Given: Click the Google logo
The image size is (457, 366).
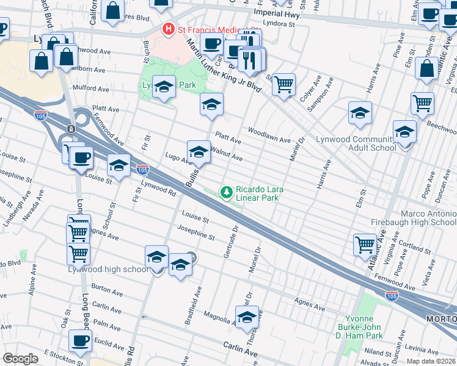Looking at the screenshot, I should click(x=20, y=359).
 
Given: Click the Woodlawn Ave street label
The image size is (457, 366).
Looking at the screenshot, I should click(x=269, y=135).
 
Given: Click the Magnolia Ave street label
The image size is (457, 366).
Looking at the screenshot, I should click(x=218, y=317).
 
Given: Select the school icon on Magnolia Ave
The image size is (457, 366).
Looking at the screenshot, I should click(x=247, y=318).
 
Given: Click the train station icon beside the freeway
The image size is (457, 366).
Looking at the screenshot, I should click(x=71, y=129).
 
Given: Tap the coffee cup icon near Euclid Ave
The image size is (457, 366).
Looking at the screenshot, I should click(x=79, y=340).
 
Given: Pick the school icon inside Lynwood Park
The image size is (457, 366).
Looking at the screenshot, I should click(x=164, y=87).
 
